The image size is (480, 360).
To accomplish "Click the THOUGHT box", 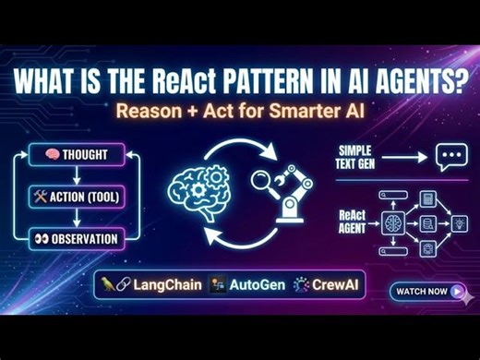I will [x=75, y=153].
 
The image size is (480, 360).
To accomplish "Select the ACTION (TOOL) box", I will [x=75, y=196].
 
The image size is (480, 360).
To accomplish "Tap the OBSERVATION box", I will [x=75, y=238].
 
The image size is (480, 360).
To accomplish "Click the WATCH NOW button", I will [x=428, y=291].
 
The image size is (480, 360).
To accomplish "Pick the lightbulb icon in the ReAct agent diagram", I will [x=460, y=224].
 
